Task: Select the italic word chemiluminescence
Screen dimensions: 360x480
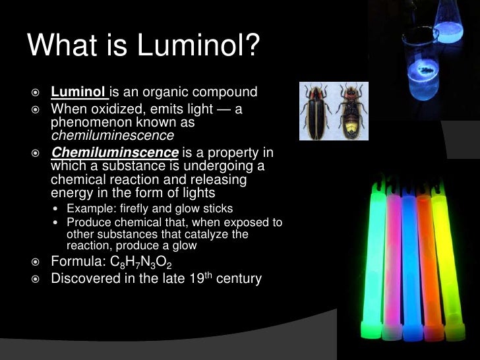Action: click(112, 136)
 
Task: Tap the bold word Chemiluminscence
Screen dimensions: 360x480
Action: click(115, 153)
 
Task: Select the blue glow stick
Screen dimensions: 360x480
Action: click(411, 270)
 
